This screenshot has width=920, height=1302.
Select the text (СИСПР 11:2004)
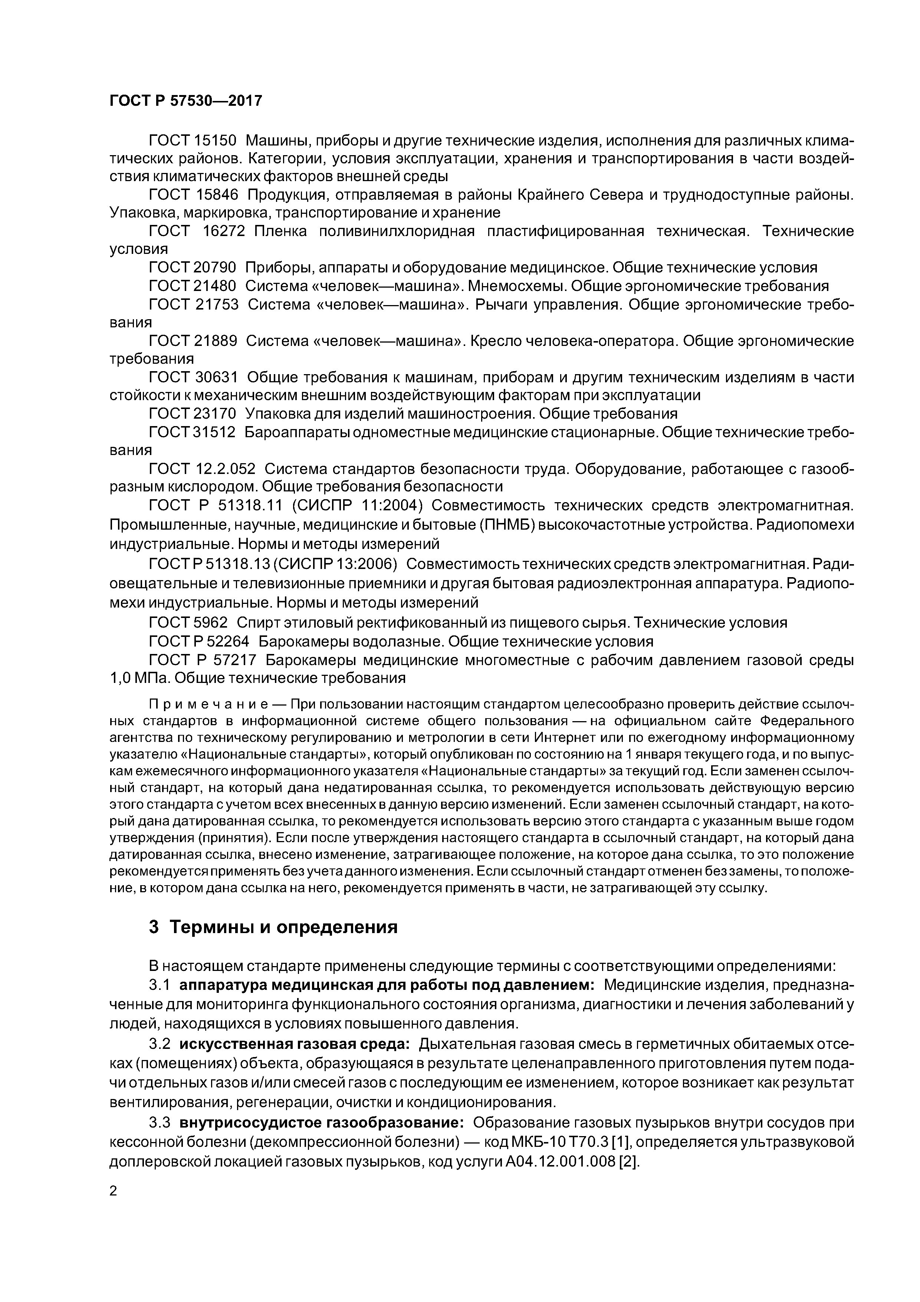click(x=354, y=505)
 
